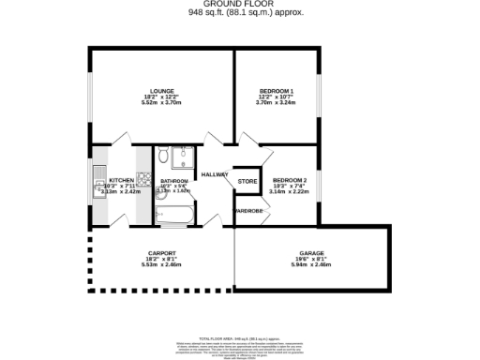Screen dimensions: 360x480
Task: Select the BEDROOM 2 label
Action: point(291,180)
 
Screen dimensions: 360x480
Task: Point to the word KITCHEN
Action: point(122,180)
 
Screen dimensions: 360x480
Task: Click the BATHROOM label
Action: point(174,181)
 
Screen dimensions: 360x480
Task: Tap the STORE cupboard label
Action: point(247,181)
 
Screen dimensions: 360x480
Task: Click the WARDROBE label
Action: point(248,211)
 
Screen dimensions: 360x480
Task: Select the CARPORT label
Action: point(162,253)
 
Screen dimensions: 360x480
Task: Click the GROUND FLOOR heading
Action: point(239,5)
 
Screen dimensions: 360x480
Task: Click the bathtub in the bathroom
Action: point(174,214)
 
